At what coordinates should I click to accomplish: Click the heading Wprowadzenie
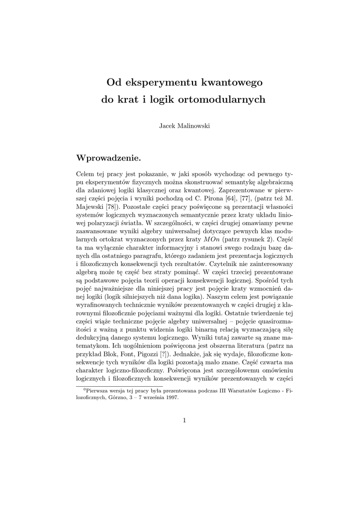click(108, 158)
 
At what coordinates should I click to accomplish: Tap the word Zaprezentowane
click(236, 189)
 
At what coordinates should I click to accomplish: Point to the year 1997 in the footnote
click(171, 397)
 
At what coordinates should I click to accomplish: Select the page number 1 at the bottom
click(184, 420)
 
